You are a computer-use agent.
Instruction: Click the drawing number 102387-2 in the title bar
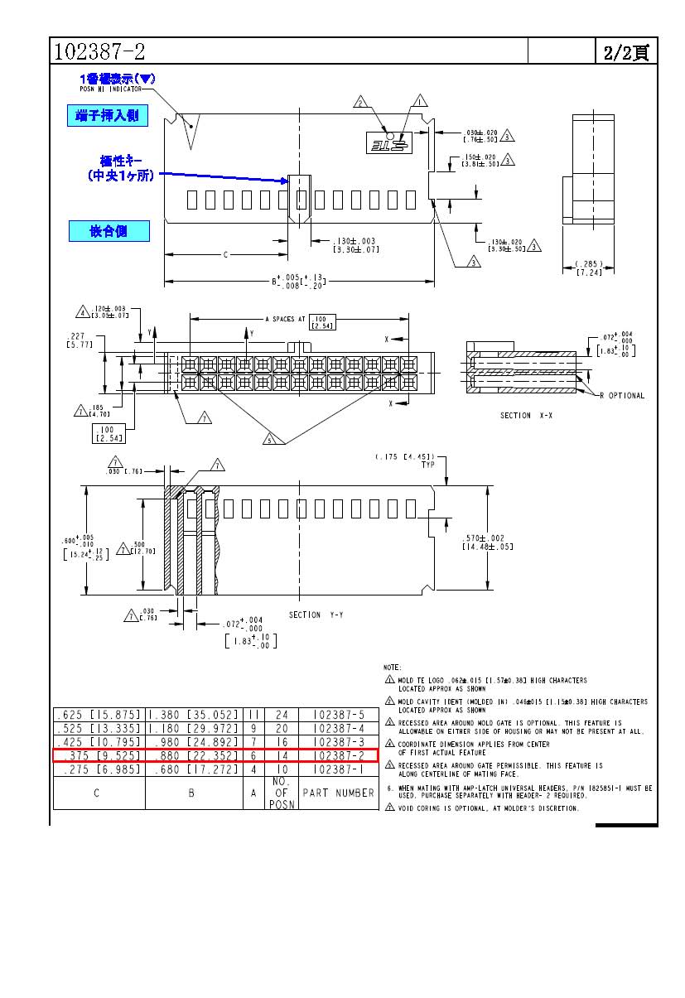click(x=99, y=51)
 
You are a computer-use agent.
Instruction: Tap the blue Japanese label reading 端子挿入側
click(x=108, y=117)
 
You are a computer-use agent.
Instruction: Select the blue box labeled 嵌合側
click(x=109, y=231)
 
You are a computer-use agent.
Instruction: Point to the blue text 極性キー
click(x=123, y=161)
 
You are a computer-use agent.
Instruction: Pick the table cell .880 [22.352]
click(x=192, y=755)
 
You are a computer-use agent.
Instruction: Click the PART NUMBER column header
click(x=338, y=793)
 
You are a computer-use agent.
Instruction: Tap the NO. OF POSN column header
click(x=282, y=793)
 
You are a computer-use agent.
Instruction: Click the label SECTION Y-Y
click(x=317, y=615)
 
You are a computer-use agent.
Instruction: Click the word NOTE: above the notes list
click(x=392, y=667)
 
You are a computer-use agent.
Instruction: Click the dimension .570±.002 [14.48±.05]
click(x=488, y=542)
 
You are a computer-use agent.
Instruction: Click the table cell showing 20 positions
click(x=282, y=728)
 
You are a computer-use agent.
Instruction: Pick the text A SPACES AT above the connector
click(x=286, y=319)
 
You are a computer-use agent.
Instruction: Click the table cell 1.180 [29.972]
click(x=192, y=728)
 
